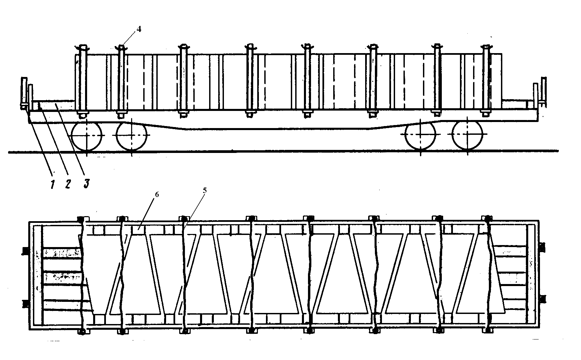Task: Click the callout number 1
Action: (52, 184)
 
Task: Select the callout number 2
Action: (68, 184)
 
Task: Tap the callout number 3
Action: (86, 184)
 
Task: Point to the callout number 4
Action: (139, 29)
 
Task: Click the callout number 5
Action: (205, 190)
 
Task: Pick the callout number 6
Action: (156, 195)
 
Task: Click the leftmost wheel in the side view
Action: (86, 135)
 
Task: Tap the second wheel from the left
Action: (132, 135)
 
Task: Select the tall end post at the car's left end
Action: (24, 91)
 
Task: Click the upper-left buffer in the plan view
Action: (25, 251)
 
